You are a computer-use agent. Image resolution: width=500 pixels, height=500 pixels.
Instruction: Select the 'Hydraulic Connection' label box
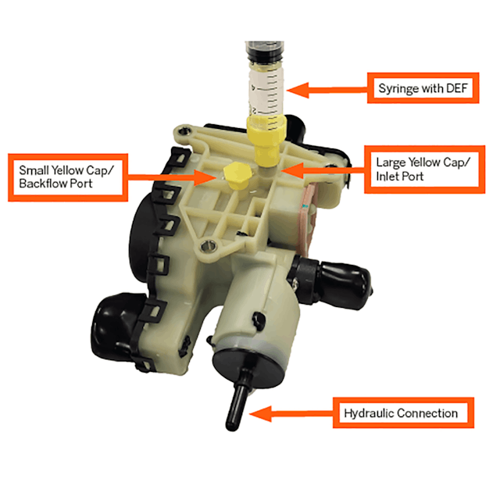click(405, 412)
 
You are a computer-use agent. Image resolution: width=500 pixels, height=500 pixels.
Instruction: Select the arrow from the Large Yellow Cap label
click(320, 166)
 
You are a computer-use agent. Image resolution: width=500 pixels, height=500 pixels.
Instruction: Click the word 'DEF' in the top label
click(451, 88)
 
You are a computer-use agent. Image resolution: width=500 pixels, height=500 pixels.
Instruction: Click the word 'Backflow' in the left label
click(56, 184)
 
